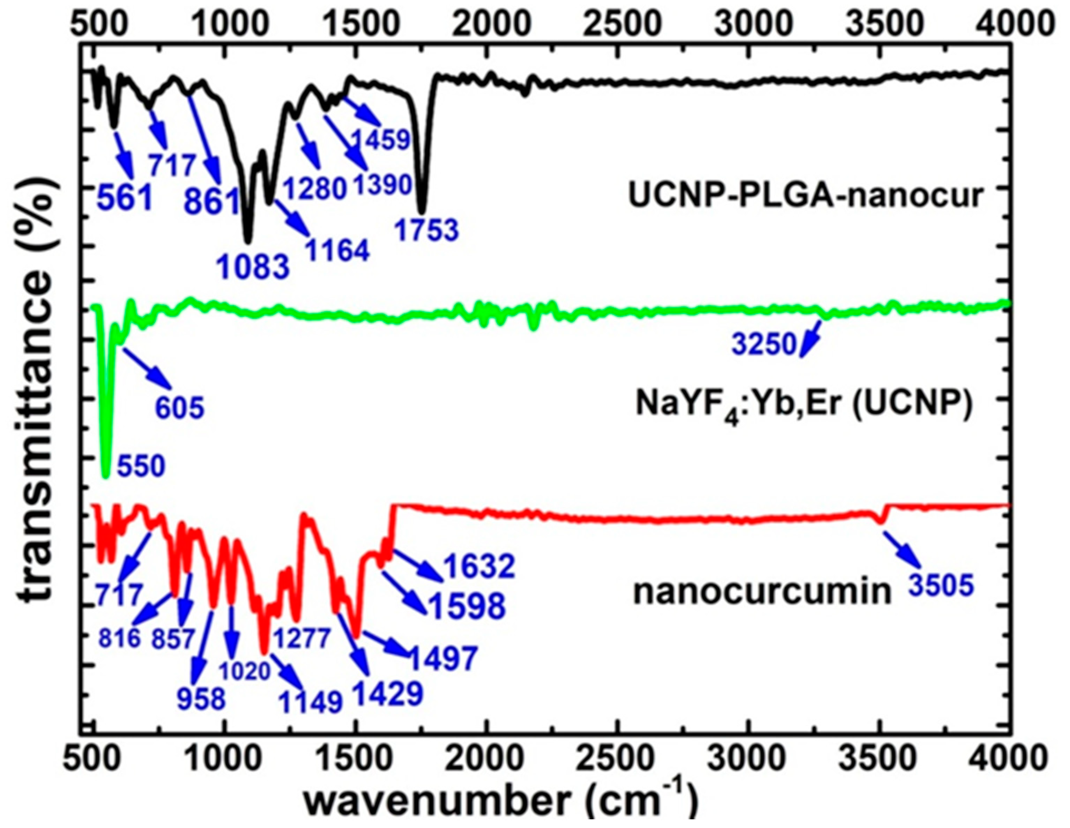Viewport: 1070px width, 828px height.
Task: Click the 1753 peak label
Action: pyautogui.click(x=427, y=230)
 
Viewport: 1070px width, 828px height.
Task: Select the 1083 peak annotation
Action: pyautogui.click(x=254, y=267)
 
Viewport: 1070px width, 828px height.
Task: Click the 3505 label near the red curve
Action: pyautogui.click(x=940, y=586)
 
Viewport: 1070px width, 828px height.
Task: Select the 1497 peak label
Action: pyautogui.click(x=443, y=658)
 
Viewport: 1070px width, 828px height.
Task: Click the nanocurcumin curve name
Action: pyautogui.click(x=762, y=591)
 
